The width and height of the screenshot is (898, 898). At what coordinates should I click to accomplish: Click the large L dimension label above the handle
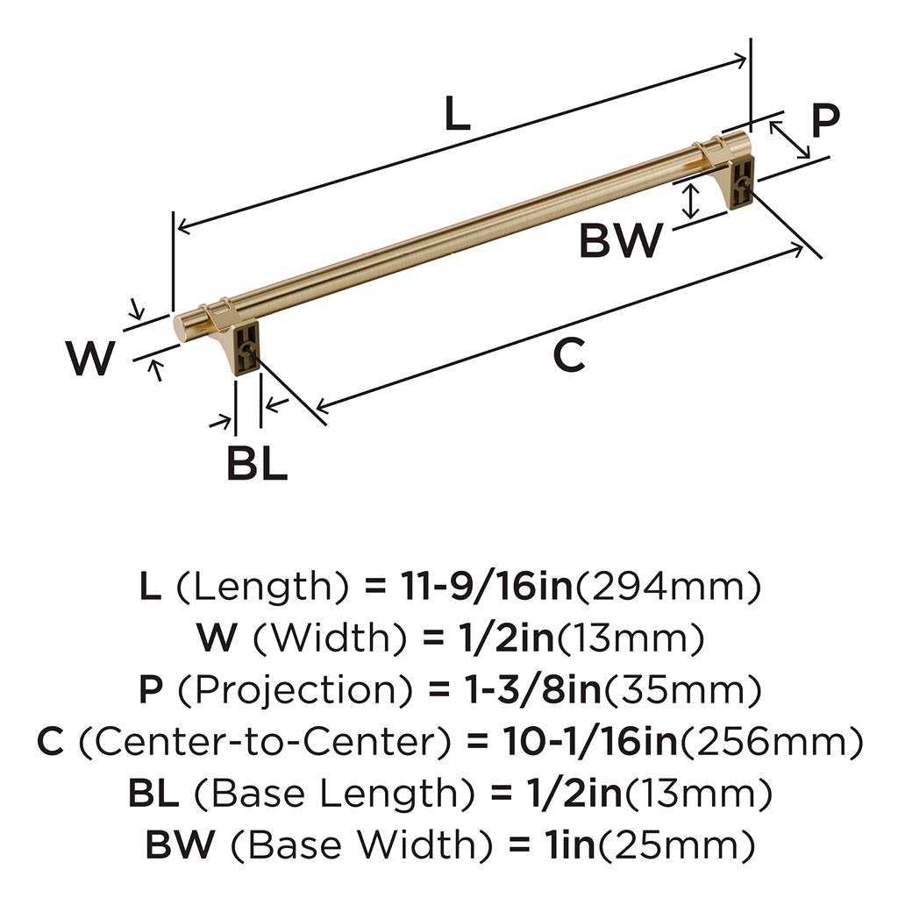[x=457, y=112]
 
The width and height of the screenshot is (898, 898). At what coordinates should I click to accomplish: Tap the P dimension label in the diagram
[x=826, y=120]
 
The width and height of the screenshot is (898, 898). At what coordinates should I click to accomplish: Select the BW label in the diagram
[x=622, y=240]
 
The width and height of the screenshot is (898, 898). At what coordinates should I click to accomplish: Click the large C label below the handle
[x=569, y=354]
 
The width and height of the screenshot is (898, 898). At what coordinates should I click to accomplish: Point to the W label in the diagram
[x=91, y=358]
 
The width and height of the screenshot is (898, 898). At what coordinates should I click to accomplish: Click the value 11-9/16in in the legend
[x=487, y=587]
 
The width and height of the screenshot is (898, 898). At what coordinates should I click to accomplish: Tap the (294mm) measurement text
[x=667, y=588]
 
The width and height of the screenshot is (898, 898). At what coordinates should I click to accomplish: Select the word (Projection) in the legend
[x=295, y=689]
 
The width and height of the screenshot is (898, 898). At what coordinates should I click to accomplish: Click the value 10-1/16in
[x=590, y=741]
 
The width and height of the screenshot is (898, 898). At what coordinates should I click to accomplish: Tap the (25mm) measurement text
[x=678, y=845]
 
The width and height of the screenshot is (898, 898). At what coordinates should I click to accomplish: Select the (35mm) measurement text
[x=682, y=690]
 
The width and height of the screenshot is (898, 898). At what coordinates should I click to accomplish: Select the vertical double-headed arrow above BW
[x=691, y=201]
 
